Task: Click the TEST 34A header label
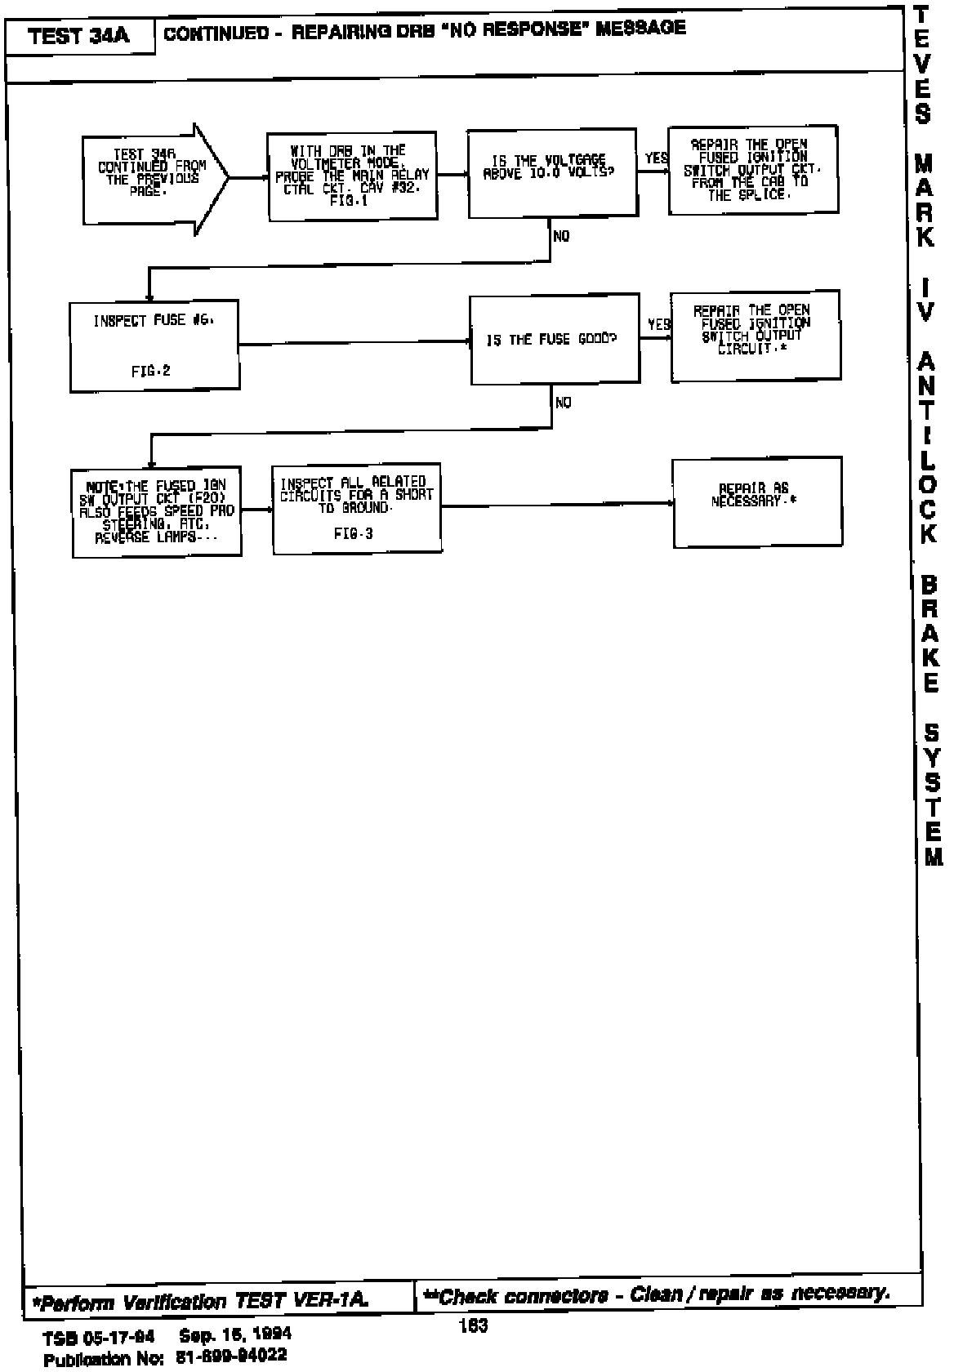coord(79,37)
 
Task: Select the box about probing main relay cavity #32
coord(352,176)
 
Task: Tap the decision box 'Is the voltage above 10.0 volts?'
coord(551,172)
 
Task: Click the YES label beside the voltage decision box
coord(654,158)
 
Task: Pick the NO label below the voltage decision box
coord(561,236)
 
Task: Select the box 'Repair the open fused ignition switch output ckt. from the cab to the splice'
coord(752,170)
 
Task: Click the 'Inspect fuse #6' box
coord(154,346)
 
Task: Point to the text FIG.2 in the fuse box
coord(150,370)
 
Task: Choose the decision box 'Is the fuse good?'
coord(555,339)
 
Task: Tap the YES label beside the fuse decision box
coord(658,324)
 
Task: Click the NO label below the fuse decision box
coord(563,402)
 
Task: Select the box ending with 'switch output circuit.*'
coord(755,335)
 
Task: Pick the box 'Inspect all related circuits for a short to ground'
coord(356,508)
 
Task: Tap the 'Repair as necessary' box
coord(756,501)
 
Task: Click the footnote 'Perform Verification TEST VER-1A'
coord(201,1300)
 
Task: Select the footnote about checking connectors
coord(656,1294)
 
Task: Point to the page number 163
coord(474,1326)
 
